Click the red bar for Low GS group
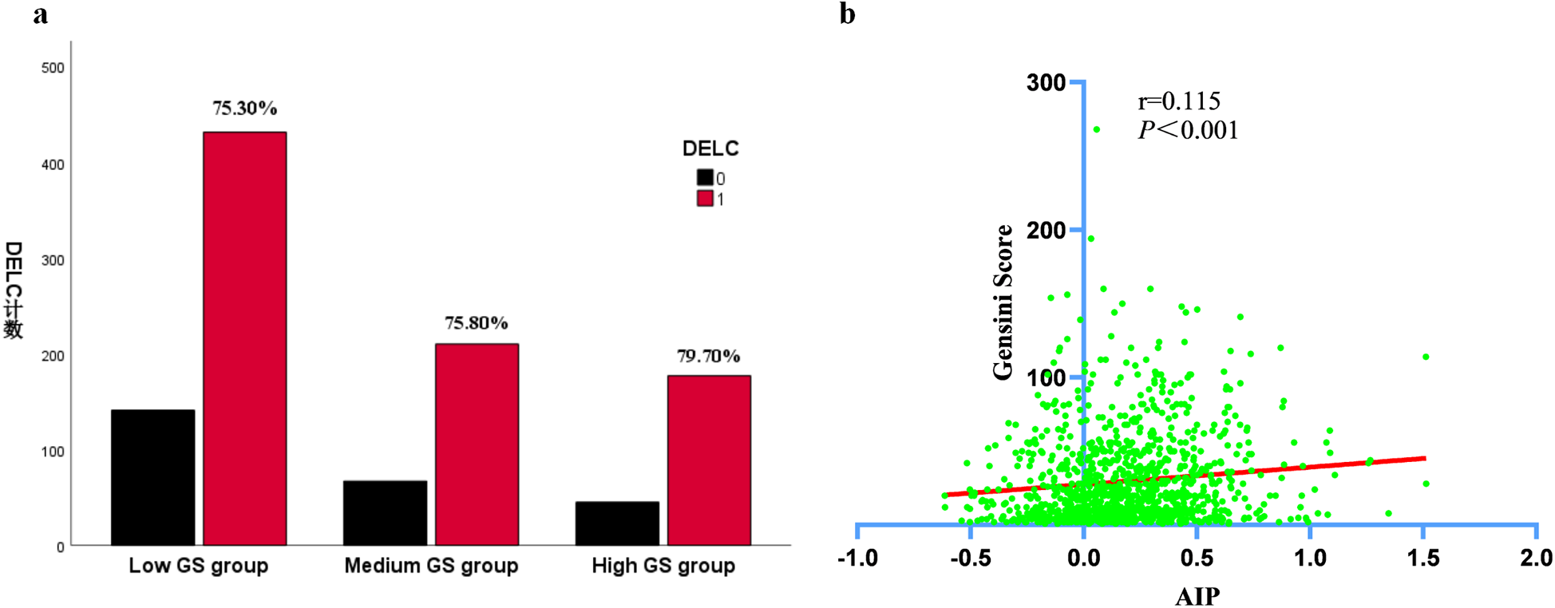click(244, 339)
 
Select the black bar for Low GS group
click(152, 477)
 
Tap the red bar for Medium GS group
click(477, 444)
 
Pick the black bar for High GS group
click(617, 523)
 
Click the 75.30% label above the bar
click(244, 108)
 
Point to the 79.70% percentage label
click(708, 356)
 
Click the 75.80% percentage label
click(476, 322)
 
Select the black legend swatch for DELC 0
click(705, 178)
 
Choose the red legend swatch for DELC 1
click(705, 199)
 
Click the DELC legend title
click(710, 148)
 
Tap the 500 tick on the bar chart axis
click(53, 69)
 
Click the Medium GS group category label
click(431, 566)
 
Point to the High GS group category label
click(663, 566)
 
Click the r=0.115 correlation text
click(1178, 101)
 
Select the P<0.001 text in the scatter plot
click(1188, 130)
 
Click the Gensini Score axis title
click(1003, 302)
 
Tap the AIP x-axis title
click(1197, 596)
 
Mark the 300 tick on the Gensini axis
click(1046, 83)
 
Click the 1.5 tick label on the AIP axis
click(1422, 558)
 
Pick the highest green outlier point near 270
click(1096, 129)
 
